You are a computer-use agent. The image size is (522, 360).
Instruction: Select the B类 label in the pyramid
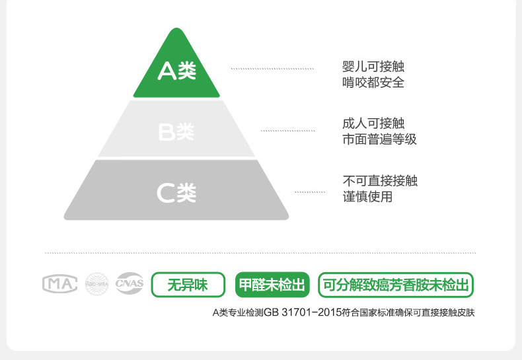[x=176, y=132]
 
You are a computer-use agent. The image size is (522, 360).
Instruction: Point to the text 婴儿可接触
[x=373, y=67]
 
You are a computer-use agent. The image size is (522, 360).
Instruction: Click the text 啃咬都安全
[x=373, y=83]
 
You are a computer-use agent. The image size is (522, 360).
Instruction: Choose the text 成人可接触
[x=373, y=124]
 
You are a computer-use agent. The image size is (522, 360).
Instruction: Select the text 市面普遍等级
[x=379, y=139]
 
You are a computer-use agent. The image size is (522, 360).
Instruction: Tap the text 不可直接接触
[x=380, y=180]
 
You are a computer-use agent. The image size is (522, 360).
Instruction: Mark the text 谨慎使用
[x=367, y=197]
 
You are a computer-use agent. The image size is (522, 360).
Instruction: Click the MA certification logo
[x=60, y=284]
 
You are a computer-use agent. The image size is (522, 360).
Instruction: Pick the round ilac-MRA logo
[x=96, y=284]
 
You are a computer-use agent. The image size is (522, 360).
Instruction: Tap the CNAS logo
[x=130, y=284]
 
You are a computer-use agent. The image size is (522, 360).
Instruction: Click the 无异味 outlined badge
[x=188, y=285]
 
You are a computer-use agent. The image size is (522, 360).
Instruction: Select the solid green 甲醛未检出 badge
[x=272, y=285]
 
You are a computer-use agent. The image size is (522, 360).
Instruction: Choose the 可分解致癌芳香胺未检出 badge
[x=396, y=285]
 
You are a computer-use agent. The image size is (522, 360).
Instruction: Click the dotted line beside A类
[x=272, y=69]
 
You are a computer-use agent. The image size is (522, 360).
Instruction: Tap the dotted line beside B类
[x=288, y=131]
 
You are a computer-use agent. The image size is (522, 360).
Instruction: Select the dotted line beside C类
[x=310, y=192]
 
